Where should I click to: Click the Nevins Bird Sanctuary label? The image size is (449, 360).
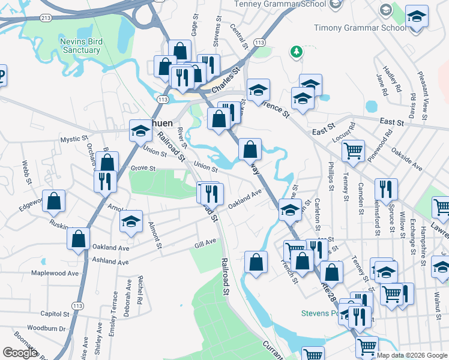[x=81, y=46]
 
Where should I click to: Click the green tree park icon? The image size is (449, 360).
[x=295, y=52]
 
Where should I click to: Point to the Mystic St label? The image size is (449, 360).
[x=74, y=139]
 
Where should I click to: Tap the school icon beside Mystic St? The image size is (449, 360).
[x=140, y=130]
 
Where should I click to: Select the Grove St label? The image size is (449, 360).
[x=143, y=168]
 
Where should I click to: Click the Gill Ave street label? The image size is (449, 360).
[x=205, y=241]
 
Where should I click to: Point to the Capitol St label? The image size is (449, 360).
[x=56, y=313]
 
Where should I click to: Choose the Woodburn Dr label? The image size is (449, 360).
[x=46, y=328]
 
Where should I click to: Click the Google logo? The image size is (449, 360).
[x=20, y=353]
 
